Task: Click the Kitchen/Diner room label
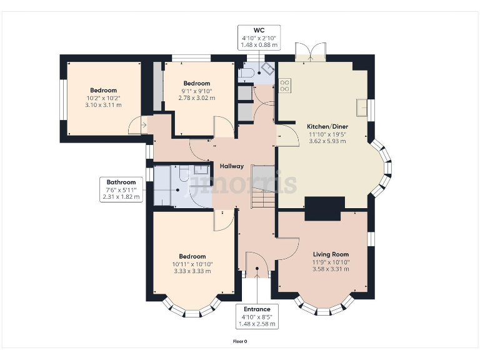pyautogui.click(x=327, y=126)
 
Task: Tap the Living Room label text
pyautogui.click(x=331, y=254)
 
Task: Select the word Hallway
pyautogui.click(x=232, y=166)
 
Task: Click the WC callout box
pyautogui.click(x=259, y=37)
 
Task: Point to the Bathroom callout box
pyautogui.click(x=121, y=189)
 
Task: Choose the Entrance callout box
pyautogui.click(x=257, y=316)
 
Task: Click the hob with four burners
pyautogui.click(x=285, y=86)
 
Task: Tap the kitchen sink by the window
pyautogui.click(x=362, y=107)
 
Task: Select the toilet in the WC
pyautogui.click(x=246, y=73)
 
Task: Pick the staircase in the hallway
pyautogui.click(x=263, y=187)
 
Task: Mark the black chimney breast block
pyautogui.click(x=324, y=209)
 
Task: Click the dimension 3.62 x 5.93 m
pyautogui.click(x=327, y=141)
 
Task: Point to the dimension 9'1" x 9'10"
pyautogui.click(x=196, y=91)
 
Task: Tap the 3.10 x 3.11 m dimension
pyautogui.click(x=103, y=105)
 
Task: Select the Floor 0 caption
pyautogui.click(x=240, y=341)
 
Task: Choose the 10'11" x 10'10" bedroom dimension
pyautogui.click(x=192, y=264)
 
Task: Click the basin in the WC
pyautogui.click(x=269, y=69)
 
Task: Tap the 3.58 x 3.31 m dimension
pyautogui.click(x=331, y=269)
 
